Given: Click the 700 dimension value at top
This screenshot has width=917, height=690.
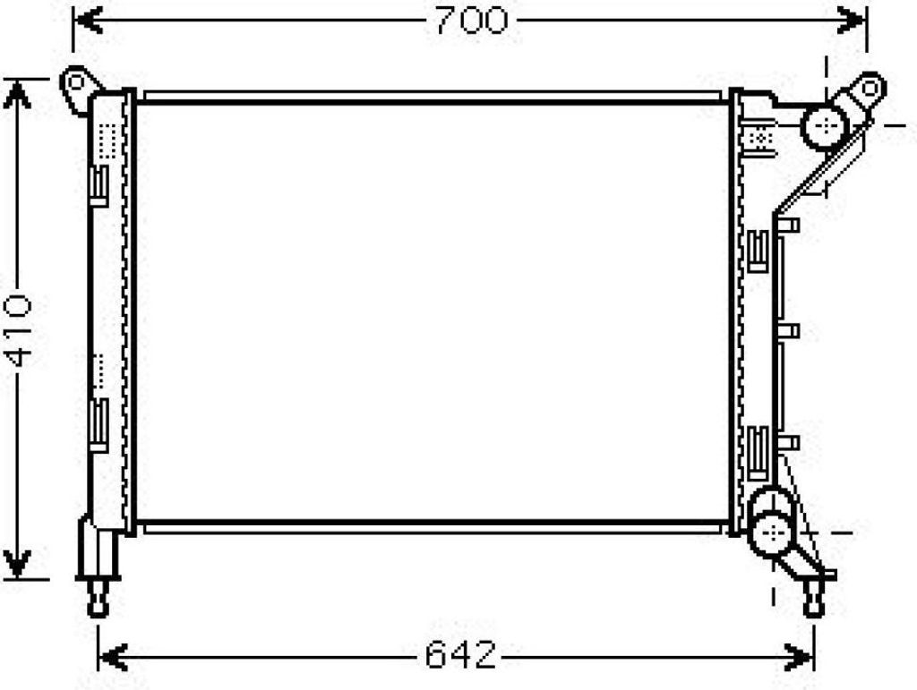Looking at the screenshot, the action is tap(471, 21).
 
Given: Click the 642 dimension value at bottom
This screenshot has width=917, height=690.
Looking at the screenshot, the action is tap(461, 654).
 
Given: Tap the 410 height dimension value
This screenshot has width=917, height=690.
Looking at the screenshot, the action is tap(18, 331).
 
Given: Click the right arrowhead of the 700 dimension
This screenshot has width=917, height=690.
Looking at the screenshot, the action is tap(852, 20).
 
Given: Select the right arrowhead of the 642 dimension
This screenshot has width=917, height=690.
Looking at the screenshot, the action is tap(799, 657).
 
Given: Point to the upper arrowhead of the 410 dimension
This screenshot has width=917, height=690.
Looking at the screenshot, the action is tap(18, 95).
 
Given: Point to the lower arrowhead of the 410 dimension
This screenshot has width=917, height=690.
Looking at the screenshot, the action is tap(18, 563).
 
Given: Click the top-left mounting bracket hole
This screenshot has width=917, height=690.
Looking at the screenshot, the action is tap(76, 82).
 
